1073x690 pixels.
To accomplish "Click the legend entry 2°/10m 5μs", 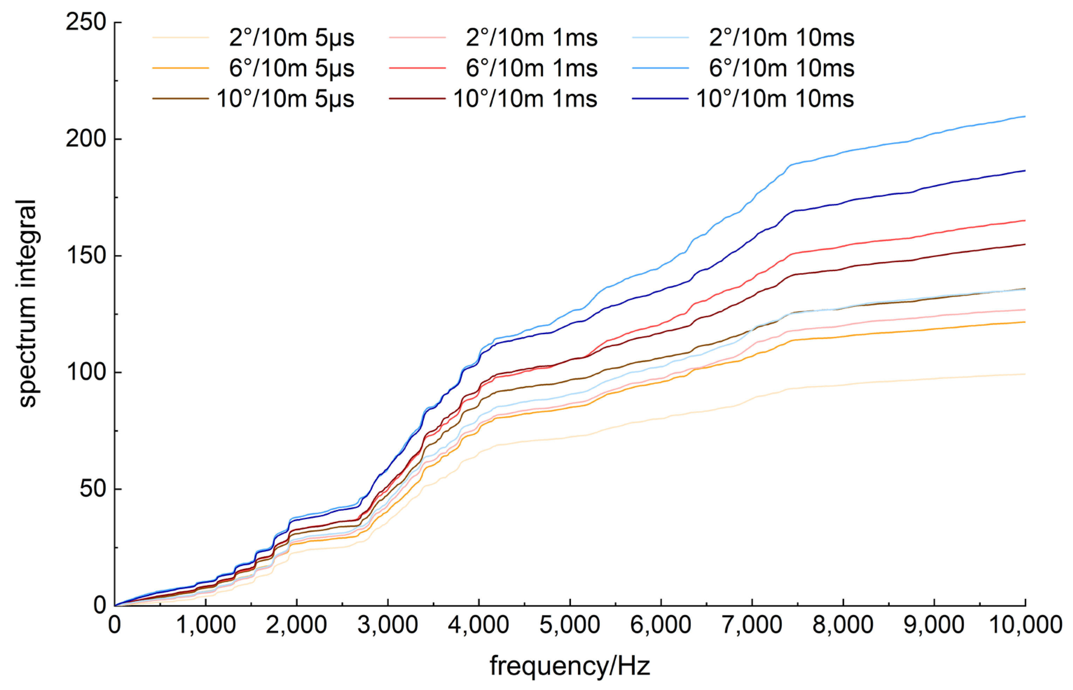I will [x=291, y=37].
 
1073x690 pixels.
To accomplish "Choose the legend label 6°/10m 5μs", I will [x=291, y=68].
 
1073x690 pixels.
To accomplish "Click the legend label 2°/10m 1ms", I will [x=531, y=37].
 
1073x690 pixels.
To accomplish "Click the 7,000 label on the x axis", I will [x=752, y=625].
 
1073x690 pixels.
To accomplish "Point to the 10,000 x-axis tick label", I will [x=1025, y=625].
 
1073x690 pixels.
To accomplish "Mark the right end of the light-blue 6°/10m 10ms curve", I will [x=1025, y=117].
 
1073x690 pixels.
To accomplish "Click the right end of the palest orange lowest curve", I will [x=1025, y=374].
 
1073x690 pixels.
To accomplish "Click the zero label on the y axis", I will [x=99, y=605].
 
